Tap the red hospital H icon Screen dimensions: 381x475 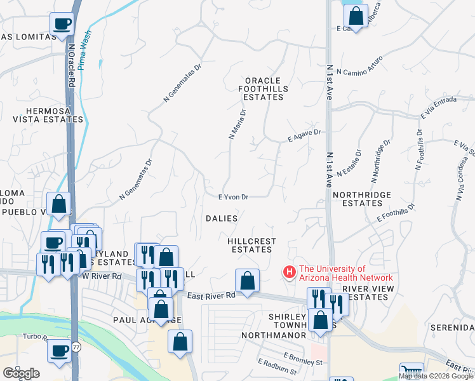[290, 272]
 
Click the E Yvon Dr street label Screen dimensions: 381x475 [232, 197]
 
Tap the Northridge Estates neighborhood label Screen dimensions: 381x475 [358, 199]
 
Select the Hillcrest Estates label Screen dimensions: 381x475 [252, 245]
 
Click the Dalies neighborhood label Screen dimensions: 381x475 [222, 218]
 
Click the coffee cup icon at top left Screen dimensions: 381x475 [62, 24]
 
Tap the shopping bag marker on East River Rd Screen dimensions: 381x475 [247, 281]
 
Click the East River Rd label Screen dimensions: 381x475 [211, 294]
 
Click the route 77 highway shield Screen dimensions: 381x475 [76, 347]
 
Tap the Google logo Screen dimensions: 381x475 [22, 373]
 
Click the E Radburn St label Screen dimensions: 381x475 [278, 366]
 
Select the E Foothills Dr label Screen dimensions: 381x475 [395, 212]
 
